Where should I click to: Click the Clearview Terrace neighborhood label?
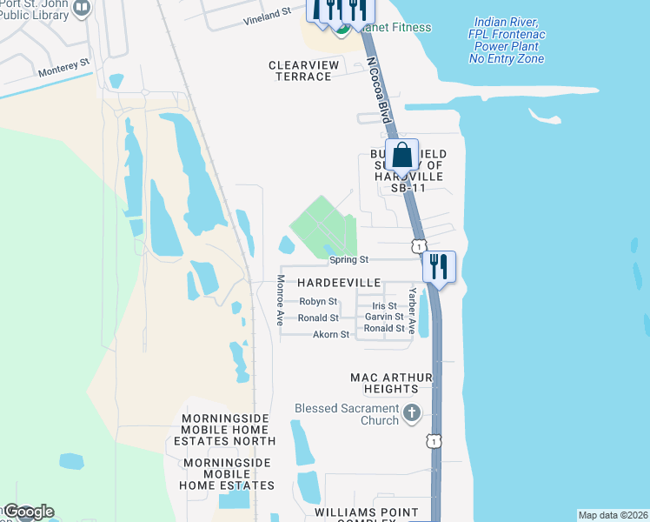pyautogui.click(x=300, y=70)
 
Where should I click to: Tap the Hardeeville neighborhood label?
pyautogui.click(x=339, y=284)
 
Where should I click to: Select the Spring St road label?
pyautogui.click(x=348, y=259)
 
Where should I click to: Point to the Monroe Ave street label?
pyautogui.click(x=280, y=300)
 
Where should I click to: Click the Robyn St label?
pyautogui.click(x=318, y=301)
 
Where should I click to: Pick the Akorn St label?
pyautogui.click(x=330, y=334)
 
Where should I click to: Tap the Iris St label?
pyautogui.click(x=384, y=306)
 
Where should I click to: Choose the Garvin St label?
pyautogui.click(x=384, y=317)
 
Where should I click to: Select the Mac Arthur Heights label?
pyautogui.click(x=391, y=383)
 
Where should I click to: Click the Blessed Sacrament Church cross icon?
pyautogui.click(x=412, y=412)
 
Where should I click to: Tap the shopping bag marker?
pyautogui.click(x=402, y=157)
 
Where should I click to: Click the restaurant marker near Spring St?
pyautogui.click(x=438, y=266)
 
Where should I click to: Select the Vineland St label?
pyautogui.click(x=266, y=16)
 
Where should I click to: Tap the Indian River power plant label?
pyautogui.click(x=507, y=40)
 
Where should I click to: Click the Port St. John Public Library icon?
pyautogui.click(x=81, y=9)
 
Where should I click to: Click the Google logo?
pyautogui.click(x=28, y=512)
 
